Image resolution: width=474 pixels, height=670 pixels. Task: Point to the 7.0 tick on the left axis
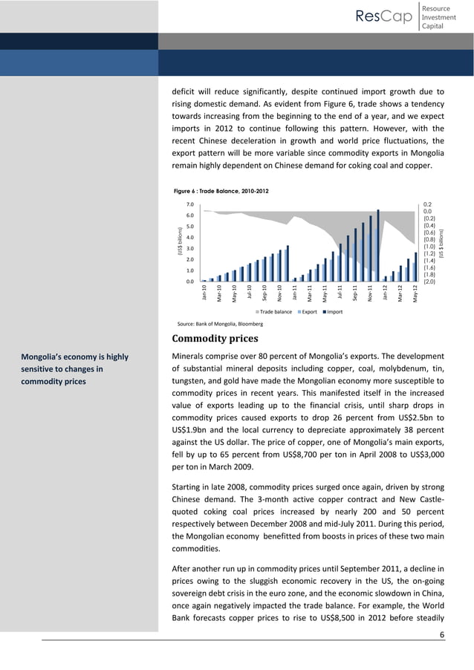(189, 204)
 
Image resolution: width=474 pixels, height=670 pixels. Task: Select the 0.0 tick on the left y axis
(189, 282)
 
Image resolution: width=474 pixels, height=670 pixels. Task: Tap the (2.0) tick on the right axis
(429, 282)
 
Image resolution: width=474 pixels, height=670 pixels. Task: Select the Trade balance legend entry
(274, 312)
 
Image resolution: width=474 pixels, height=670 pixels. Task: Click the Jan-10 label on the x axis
(204, 293)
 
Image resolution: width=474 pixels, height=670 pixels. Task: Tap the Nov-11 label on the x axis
(371, 293)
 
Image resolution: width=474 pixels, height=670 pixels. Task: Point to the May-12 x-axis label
(416, 293)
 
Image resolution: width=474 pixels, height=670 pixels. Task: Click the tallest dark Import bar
(378, 245)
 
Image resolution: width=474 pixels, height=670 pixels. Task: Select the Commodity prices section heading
(216, 340)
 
